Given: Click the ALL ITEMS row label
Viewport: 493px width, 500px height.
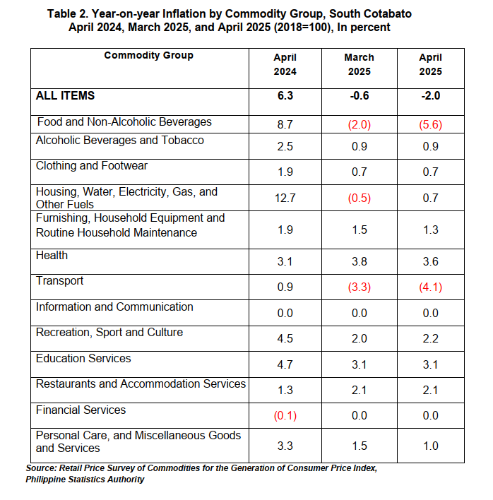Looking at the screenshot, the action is click(65, 95).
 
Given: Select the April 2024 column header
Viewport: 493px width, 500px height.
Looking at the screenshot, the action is click(285, 64).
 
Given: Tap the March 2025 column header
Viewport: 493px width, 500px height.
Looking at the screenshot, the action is click(359, 64).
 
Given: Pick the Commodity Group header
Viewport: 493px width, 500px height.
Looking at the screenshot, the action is click(148, 55).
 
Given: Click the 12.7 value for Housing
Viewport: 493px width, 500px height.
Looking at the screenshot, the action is click(285, 198).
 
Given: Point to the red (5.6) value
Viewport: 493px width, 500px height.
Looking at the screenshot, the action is click(431, 124).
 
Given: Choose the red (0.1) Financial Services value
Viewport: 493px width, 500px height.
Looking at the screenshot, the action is click(285, 416).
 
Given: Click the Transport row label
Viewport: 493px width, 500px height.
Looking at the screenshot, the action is click(59, 280).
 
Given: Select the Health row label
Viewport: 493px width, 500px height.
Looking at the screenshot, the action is click(52, 256).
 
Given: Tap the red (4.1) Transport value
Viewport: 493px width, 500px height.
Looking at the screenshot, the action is click(431, 287).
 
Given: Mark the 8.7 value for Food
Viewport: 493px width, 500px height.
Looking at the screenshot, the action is click(285, 124).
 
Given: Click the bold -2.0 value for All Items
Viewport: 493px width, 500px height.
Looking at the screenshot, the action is click(431, 95).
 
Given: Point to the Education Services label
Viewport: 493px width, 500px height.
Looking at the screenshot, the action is click(83, 359).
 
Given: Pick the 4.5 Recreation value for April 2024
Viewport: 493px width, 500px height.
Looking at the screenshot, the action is click(285, 339).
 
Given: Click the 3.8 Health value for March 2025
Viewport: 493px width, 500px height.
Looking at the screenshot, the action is click(360, 262).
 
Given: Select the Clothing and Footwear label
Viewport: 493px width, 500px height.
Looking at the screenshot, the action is click(92, 166).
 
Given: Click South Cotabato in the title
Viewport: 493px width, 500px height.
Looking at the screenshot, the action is click(370, 13).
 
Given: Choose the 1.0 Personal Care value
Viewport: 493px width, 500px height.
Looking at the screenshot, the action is click(431, 446).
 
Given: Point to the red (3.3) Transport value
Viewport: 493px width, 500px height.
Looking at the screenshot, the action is click(360, 287).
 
